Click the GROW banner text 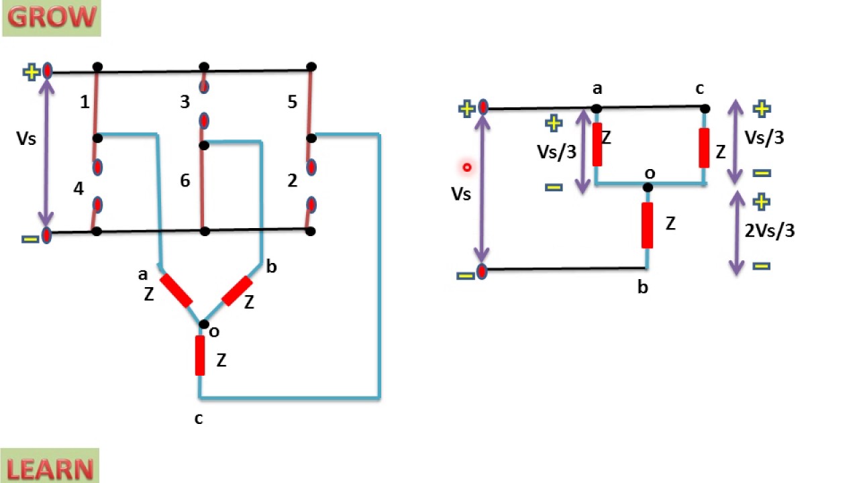pyautogui.click(x=51, y=18)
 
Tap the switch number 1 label pyautogui.click(x=85, y=102)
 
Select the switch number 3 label pyautogui.click(x=185, y=102)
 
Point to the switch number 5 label pyautogui.click(x=292, y=102)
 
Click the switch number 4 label pyautogui.click(x=79, y=189)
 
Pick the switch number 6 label pyautogui.click(x=185, y=180)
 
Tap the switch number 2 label pyautogui.click(x=292, y=180)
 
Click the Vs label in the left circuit pyautogui.click(x=27, y=138)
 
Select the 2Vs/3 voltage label pyautogui.click(x=769, y=231)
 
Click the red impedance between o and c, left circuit pyautogui.click(x=200, y=355)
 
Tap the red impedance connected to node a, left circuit pyautogui.click(x=176, y=290)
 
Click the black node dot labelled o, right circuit pyautogui.click(x=648, y=187)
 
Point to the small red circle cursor pyautogui.click(x=467, y=167)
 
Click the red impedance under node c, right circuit pyautogui.click(x=704, y=148)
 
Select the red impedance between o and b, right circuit pyautogui.click(x=647, y=225)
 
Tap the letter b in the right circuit pyautogui.click(x=642, y=288)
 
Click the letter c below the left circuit pyautogui.click(x=198, y=419)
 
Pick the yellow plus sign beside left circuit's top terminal pyautogui.click(x=31, y=72)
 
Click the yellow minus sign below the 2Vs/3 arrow pyautogui.click(x=761, y=266)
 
